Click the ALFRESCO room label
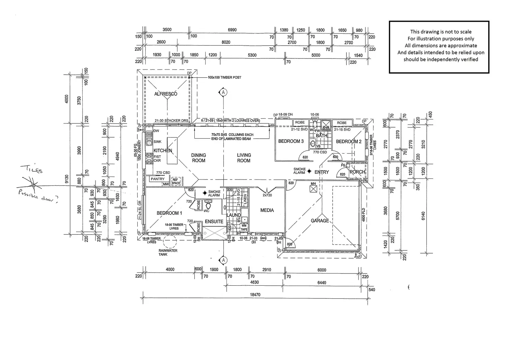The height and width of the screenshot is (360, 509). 166,94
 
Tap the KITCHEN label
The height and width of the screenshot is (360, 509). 163,151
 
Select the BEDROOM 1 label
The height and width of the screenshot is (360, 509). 169,213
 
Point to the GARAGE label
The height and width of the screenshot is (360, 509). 320,221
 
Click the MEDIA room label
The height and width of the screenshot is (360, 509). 267,210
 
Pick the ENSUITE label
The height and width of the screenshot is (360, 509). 214,222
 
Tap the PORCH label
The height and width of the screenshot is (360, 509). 357,172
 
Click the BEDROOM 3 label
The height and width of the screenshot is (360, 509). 291,141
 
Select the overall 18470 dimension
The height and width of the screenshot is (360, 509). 255,295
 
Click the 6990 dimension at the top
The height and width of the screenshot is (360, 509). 232,30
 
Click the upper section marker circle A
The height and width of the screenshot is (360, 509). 224,92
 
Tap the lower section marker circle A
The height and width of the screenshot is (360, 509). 224,260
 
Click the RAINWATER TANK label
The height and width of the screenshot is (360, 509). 168,252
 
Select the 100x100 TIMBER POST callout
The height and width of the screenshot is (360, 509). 224,77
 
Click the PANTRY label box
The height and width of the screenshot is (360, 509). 158,179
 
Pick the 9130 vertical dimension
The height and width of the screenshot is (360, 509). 67,179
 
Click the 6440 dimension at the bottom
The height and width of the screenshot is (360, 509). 322,283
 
